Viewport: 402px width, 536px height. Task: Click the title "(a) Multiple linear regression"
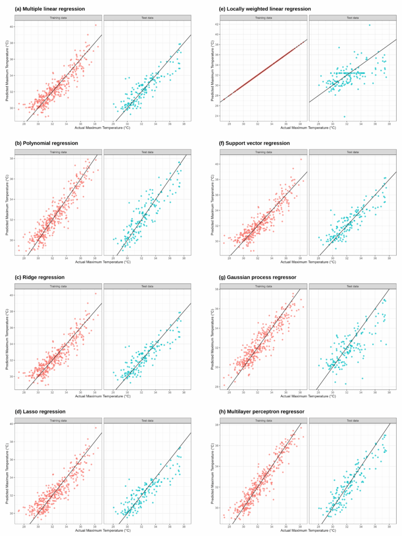tap(50, 9)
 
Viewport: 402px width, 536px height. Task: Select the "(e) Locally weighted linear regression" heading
tap(261, 9)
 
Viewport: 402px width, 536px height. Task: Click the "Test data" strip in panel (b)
tap(147, 152)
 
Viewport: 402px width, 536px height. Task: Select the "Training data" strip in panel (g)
tap(263, 286)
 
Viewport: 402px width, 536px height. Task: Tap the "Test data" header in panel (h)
tap(352, 420)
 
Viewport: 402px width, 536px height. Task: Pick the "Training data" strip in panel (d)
tap(58, 420)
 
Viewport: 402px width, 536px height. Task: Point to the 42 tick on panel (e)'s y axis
tap(217, 25)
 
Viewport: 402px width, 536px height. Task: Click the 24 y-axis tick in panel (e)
tap(217, 116)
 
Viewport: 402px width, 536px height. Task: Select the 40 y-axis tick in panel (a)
tap(12, 26)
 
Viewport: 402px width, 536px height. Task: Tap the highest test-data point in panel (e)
tap(370, 25)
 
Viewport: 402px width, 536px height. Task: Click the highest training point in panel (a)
tap(95, 25)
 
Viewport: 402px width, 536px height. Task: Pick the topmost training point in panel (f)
tap(301, 159)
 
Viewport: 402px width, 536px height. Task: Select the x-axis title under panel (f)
tap(308, 262)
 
